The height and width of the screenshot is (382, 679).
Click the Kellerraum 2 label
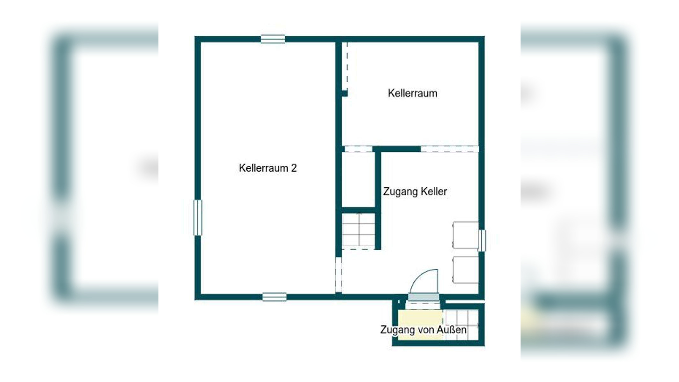pyautogui.click(x=268, y=168)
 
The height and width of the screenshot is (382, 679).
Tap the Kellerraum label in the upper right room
pyautogui.click(x=412, y=93)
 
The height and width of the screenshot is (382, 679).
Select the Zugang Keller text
pyautogui.click(x=415, y=192)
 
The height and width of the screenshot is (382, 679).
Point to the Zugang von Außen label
pyautogui.click(x=423, y=330)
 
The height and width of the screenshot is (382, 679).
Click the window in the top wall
pyautogui.click(x=273, y=39)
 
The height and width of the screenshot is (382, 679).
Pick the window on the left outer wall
pyautogui.click(x=198, y=218)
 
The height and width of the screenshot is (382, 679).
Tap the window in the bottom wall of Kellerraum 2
pyautogui.click(x=274, y=297)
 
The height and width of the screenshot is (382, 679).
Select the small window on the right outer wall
pyautogui.click(x=482, y=241)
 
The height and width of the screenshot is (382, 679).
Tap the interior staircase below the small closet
pyautogui.click(x=358, y=230)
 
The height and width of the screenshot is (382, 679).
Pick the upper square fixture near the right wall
pyautogui.click(x=465, y=235)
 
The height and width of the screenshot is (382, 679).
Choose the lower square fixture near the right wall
pyautogui.click(x=465, y=270)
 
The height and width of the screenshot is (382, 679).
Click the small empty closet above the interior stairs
pyautogui.click(x=358, y=180)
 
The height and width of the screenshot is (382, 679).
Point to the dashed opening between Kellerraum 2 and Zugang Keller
pyautogui.click(x=339, y=275)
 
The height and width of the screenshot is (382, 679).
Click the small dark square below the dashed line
pyautogui.click(x=344, y=93)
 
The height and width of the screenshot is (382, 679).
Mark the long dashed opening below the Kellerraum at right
pyautogui.click(x=449, y=149)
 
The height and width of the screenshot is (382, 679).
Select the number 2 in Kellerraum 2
pyautogui.click(x=294, y=168)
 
